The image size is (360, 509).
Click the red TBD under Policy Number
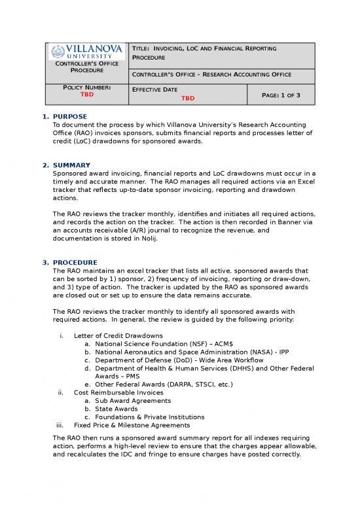[86, 95]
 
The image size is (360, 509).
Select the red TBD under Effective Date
[189, 99]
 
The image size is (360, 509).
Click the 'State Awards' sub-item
[120, 409]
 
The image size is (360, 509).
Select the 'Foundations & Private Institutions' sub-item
[149, 417]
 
